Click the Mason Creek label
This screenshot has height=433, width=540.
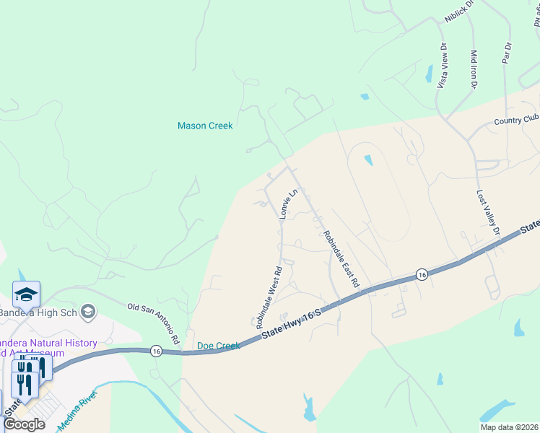click(205, 126)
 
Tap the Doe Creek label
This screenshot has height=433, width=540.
click(218, 346)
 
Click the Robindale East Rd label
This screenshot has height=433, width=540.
click(341, 259)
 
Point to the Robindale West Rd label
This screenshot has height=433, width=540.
click(268, 297)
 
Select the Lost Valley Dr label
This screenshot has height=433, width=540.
click(488, 214)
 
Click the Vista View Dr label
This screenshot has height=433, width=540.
click(442, 66)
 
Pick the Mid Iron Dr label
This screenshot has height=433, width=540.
click(474, 69)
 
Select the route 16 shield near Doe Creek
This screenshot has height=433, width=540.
click(156, 351)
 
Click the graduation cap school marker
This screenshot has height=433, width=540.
click(26, 294)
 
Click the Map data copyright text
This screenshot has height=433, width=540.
click(509, 427)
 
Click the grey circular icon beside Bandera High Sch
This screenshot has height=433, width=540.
click(88, 312)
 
